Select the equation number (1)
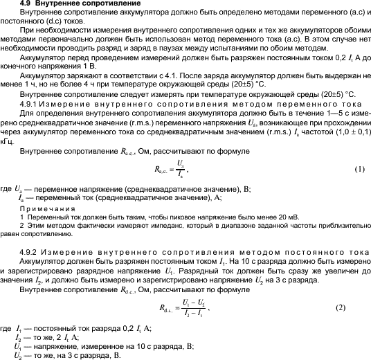click(359, 170)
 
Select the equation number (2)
click(359, 287)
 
